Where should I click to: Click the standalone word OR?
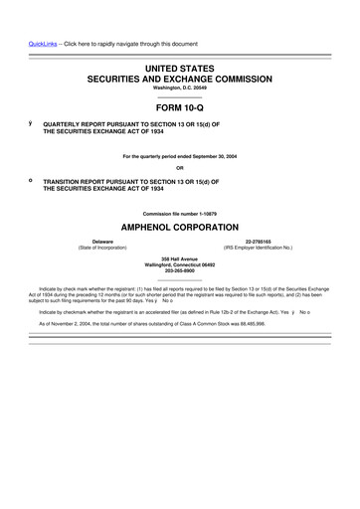pyautogui.click(x=179, y=166)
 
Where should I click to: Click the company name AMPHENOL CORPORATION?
pyautogui.click(x=179, y=227)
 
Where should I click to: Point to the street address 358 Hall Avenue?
pyautogui.click(x=179, y=259)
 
